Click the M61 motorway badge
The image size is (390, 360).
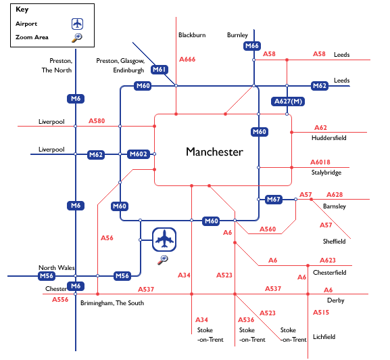click(x=160, y=70)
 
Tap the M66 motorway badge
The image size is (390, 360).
click(x=252, y=46)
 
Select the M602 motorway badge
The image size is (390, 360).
click(x=139, y=154)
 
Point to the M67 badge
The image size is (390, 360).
click(x=274, y=200)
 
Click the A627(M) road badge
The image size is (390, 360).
click(x=288, y=102)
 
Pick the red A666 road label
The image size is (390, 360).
click(x=187, y=60)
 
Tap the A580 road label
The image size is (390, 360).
click(x=97, y=121)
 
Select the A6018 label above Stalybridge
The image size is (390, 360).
click(x=320, y=162)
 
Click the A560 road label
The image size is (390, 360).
click(x=268, y=229)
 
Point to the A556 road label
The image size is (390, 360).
click(x=60, y=300)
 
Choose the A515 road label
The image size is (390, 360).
click(x=321, y=313)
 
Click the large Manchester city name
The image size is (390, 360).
click(x=214, y=152)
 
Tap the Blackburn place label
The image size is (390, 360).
click(x=192, y=35)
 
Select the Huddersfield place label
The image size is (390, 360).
click(x=328, y=138)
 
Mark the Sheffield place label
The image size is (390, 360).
click(x=335, y=242)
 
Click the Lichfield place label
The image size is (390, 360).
click(x=324, y=337)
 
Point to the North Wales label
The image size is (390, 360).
click(x=57, y=268)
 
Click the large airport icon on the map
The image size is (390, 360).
click(x=164, y=240)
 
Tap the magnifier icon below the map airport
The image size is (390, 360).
click(x=163, y=260)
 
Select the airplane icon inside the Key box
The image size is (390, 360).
click(x=77, y=24)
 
